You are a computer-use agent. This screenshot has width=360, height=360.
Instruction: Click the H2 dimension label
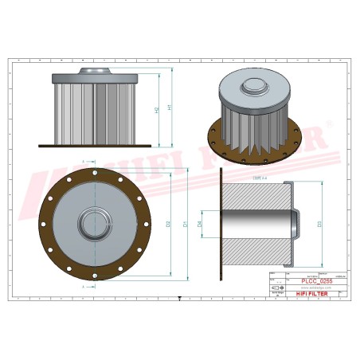coord(157,110)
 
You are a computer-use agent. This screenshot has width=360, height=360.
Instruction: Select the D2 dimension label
coord(168,224)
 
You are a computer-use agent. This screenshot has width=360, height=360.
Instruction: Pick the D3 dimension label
coord(320,224)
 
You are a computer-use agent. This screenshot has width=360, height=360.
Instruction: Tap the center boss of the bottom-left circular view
coord(95,223)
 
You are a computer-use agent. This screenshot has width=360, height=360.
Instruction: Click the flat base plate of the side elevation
coord(95,145)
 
